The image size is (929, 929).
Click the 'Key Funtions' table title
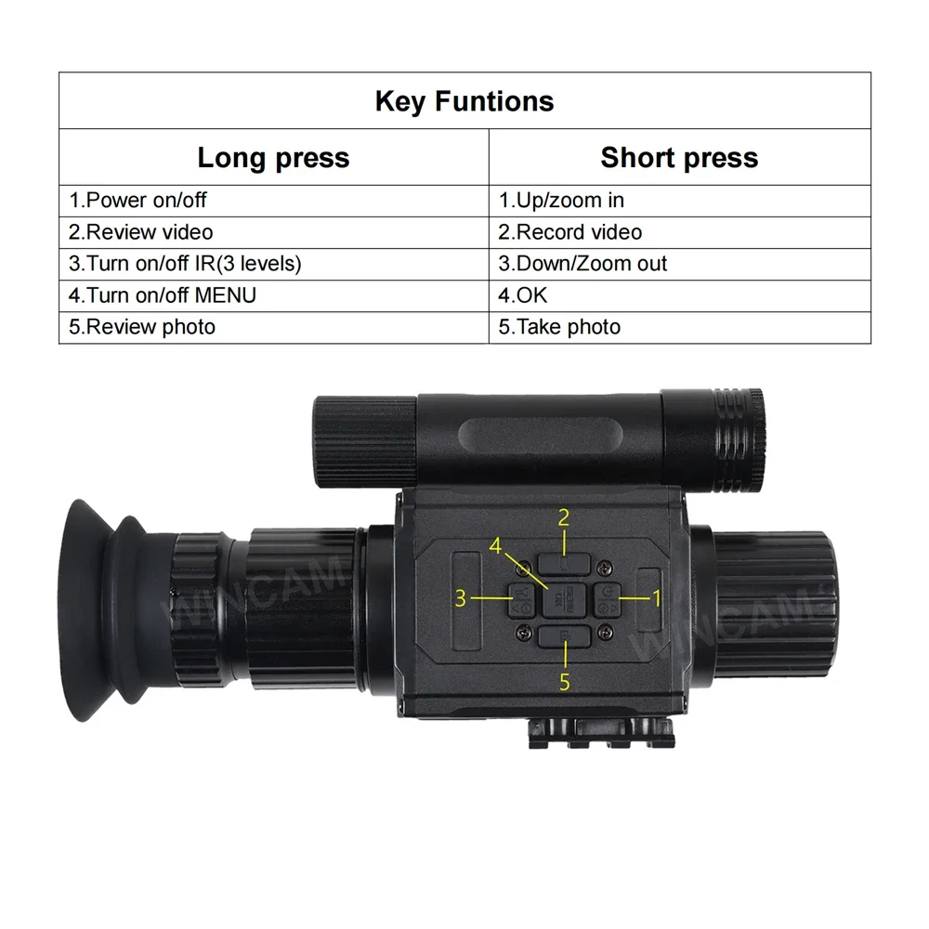pyautogui.click(x=464, y=101)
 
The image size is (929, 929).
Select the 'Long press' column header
pyautogui.click(x=273, y=158)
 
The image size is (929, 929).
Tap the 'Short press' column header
pyautogui.click(x=679, y=158)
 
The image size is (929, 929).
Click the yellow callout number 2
pyautogui.click(x=564, y=517)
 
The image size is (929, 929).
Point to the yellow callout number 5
pyautogui.click(x=564, y=682)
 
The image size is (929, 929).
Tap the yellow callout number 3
pyautogui.click(x=461, y=598)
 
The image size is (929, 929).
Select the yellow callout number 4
pyautogui.click(x=495, y=545)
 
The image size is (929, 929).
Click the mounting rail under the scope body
pyautogui.click(x=601, y=732)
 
